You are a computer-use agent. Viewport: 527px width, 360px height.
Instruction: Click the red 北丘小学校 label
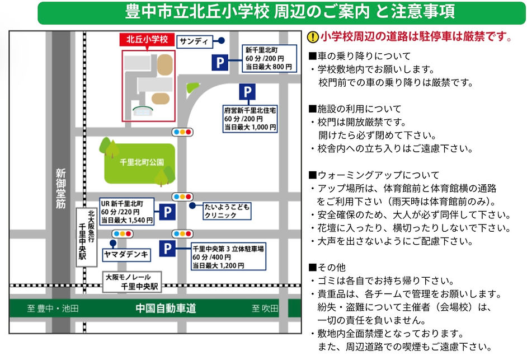point(147,39)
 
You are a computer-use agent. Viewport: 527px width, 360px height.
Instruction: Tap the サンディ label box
point(195,42)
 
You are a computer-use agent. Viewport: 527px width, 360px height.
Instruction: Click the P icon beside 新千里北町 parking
point(220,62)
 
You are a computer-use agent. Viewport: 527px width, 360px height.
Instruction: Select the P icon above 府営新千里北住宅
point(247,91)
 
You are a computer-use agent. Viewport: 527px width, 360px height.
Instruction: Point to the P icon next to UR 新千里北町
point(167,212)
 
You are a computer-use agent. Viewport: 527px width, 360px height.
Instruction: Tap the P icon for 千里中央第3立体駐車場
point(167,249)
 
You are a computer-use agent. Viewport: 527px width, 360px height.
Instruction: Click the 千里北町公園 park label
point(142,162)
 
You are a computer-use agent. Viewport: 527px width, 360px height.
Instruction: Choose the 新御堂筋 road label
point(61,189)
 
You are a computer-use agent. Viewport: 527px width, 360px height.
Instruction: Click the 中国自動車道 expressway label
point(166,308)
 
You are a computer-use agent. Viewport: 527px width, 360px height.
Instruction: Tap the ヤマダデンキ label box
point(126,255)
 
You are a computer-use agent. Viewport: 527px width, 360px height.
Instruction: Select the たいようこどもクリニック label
point(227,211)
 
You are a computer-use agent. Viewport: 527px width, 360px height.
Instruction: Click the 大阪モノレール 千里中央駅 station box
point(132,282)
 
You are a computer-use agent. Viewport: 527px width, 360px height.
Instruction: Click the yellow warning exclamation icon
point(313,37)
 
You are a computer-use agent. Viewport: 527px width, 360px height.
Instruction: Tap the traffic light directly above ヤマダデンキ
point(123,233)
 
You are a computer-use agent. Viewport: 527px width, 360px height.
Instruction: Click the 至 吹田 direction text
point(265,308)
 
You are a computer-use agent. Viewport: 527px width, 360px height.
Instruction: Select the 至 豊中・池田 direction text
point(53,308)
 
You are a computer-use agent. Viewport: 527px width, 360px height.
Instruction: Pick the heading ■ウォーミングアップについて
point(374,175)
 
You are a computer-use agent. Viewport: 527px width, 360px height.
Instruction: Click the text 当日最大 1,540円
point(127,221)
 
